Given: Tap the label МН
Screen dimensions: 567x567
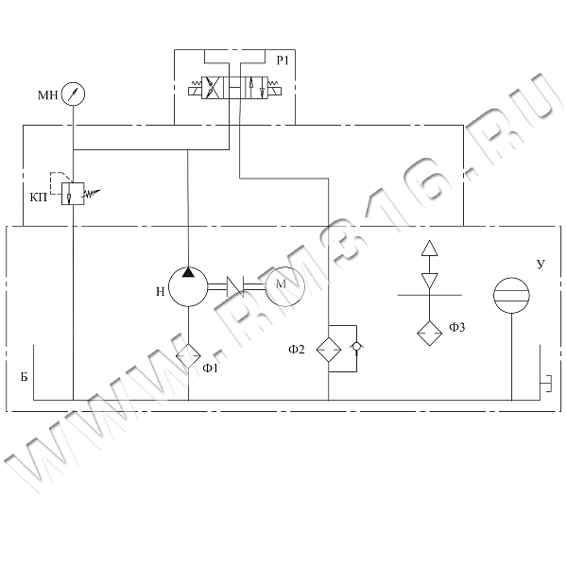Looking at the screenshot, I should [x=47, y=94].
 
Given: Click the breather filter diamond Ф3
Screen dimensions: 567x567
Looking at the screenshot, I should [x=429, y=332].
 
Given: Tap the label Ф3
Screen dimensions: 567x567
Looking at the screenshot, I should [x=457, y=328].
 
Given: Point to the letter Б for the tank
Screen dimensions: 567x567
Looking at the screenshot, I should [x=23, y=375].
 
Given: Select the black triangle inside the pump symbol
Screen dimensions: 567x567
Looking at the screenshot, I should [x=188, y=273].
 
